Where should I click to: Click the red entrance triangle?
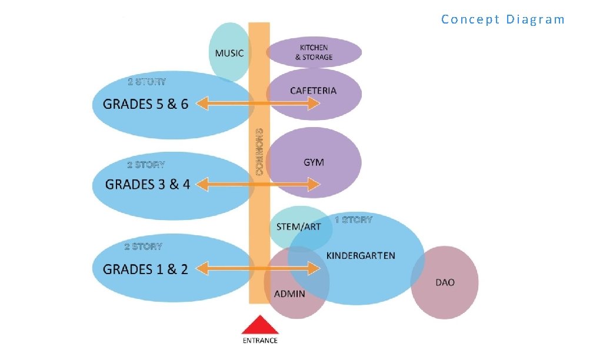coord(259,326)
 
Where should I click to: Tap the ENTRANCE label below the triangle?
coord(260,341)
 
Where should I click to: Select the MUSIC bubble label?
coord(229,53)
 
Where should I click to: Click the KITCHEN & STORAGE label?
coord(314,52)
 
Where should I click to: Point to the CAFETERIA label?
coord(314,91)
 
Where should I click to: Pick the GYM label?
coord(314,162)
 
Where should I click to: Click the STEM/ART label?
coord(299,226)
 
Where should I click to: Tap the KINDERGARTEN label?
coord(361,256)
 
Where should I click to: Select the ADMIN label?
coord(290,294)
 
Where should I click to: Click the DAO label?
coord(445,282)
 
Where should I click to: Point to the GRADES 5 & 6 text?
coord(146,104)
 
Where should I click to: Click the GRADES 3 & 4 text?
coord(148,185)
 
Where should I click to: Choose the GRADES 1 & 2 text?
coord(146,269)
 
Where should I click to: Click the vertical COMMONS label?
coord(259,152)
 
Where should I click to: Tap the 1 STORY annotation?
coord(354,220)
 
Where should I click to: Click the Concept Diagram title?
coord(502,19)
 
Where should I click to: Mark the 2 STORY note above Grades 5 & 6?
coord(147,82)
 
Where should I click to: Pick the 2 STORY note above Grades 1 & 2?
coord(144,246)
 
